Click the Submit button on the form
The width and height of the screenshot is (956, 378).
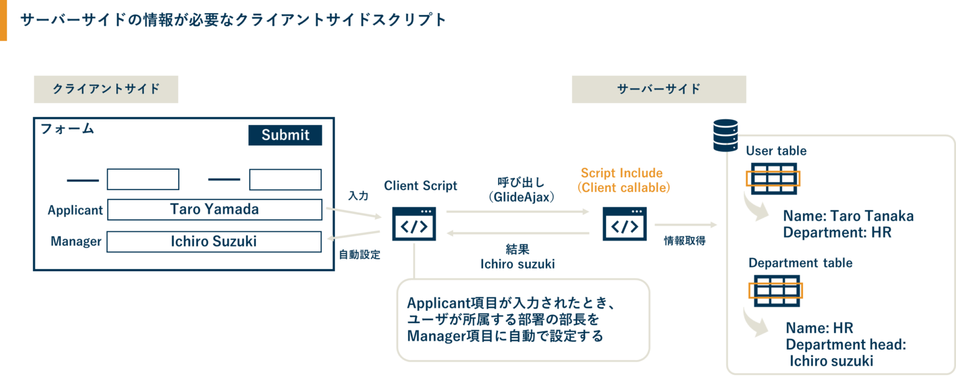click(x=285, y=136)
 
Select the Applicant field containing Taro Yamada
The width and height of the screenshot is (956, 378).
click(x=215, y=210)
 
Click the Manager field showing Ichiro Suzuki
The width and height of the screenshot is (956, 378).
click(x=214, y=241)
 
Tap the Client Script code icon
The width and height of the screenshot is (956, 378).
click(x=414, y=224)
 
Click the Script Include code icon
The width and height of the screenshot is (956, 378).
click(x=625, y=224)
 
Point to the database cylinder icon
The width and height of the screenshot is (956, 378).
click(x=725, y=135)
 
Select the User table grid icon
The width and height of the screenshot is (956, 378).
click(x=773, y=178)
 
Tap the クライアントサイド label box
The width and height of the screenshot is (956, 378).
click(x=106, y=90)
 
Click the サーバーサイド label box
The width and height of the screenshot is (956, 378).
click(x=658, y=90)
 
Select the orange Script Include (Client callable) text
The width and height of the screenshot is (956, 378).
click(x=622, y=180)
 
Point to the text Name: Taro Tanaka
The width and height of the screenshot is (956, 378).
click(x=848, y=216)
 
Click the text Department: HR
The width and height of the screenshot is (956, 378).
click(x=837, y=233)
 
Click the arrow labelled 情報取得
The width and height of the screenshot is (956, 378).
click(x=685, y=224)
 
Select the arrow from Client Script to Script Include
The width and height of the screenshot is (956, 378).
click(x=518, y=211)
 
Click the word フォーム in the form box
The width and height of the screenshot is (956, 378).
click(x=67, y=129)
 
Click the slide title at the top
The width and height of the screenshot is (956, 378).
click(x=233, y=20)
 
